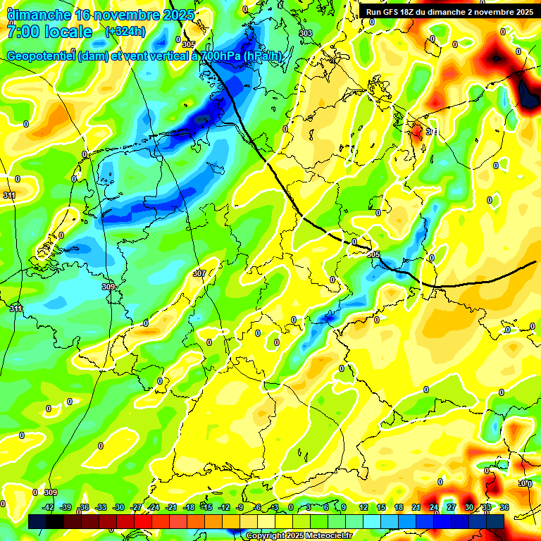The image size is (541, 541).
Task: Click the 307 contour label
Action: click(199, 273)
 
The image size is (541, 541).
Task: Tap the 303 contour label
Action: click(305, 33)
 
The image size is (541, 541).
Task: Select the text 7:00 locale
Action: click(49, 32)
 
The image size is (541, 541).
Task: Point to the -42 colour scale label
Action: click(49, 507)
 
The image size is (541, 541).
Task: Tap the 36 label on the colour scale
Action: click(504, 507)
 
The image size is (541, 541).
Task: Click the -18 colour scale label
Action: click(188, 507)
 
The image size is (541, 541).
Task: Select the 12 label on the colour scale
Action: click(363, 507)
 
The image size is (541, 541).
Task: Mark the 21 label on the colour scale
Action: click(416, 507)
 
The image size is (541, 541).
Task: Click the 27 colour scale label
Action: click(452, 507)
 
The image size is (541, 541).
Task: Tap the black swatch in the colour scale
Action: click(54, 521)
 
